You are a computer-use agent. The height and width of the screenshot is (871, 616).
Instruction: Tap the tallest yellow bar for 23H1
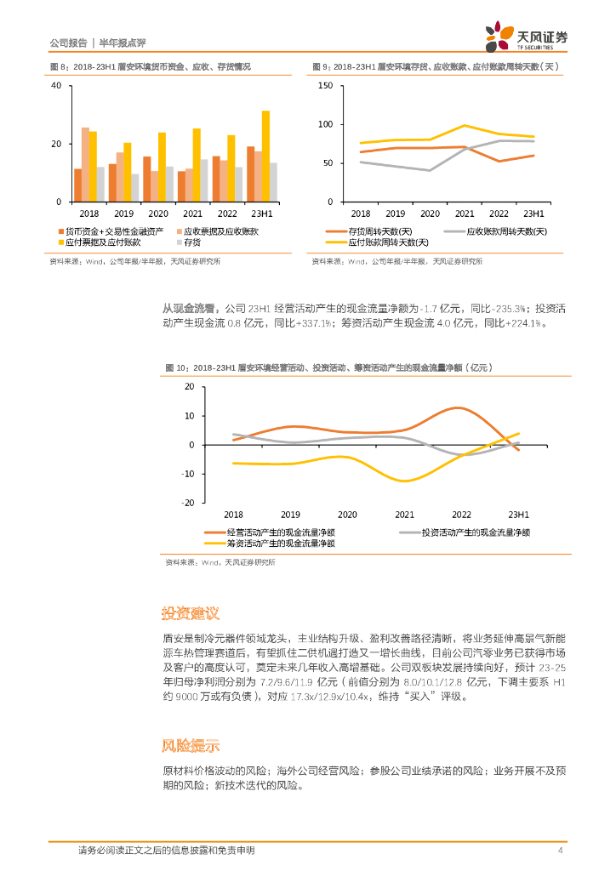pyautogui.click(x=265, y=156)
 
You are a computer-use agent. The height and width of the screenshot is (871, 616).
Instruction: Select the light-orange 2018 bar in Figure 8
pyautogui.click(x=85, y=164)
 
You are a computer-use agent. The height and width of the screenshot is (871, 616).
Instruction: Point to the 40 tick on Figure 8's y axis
pyautogui.click(x=55, y=86)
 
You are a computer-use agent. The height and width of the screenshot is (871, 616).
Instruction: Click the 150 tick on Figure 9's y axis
pyautogui.click(x=325, y=86)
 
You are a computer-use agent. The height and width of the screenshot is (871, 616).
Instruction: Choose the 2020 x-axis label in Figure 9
pyautogui.click(x=430, y=213)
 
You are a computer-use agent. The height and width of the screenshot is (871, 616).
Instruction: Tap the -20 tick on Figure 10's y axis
pyautogui.click(x=189, y=503)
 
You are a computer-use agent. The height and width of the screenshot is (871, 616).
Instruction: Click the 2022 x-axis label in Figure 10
pyautogui.click(x=461, y=515)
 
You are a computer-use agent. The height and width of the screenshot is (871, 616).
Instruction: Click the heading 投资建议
pyautogui.click(x=191, y=613)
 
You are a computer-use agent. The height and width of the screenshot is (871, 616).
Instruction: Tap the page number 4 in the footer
pyautogui.click(x=560, y=851)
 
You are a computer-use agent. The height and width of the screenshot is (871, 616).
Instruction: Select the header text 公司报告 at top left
pyautogui.click(x=68, y=42)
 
